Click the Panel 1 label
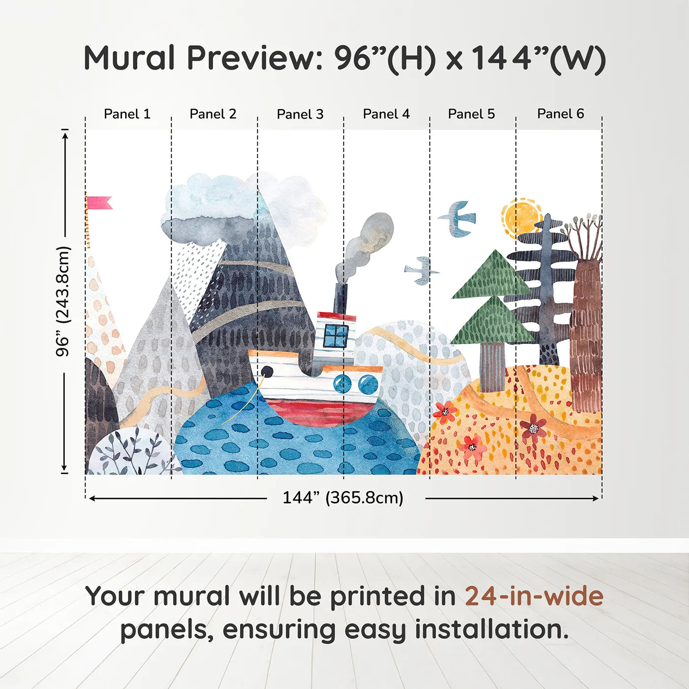(127, 114)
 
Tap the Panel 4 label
(386, 114)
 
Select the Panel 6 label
(560, 114)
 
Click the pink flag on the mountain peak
(99, 203)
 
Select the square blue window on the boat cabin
(336, 336)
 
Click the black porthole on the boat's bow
(267, 372)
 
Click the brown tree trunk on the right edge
(586, 340)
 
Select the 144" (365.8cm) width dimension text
(343, 498)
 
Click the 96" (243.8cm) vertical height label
(63, 301)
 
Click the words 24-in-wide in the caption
(533, 596)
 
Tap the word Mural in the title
(129, 58)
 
